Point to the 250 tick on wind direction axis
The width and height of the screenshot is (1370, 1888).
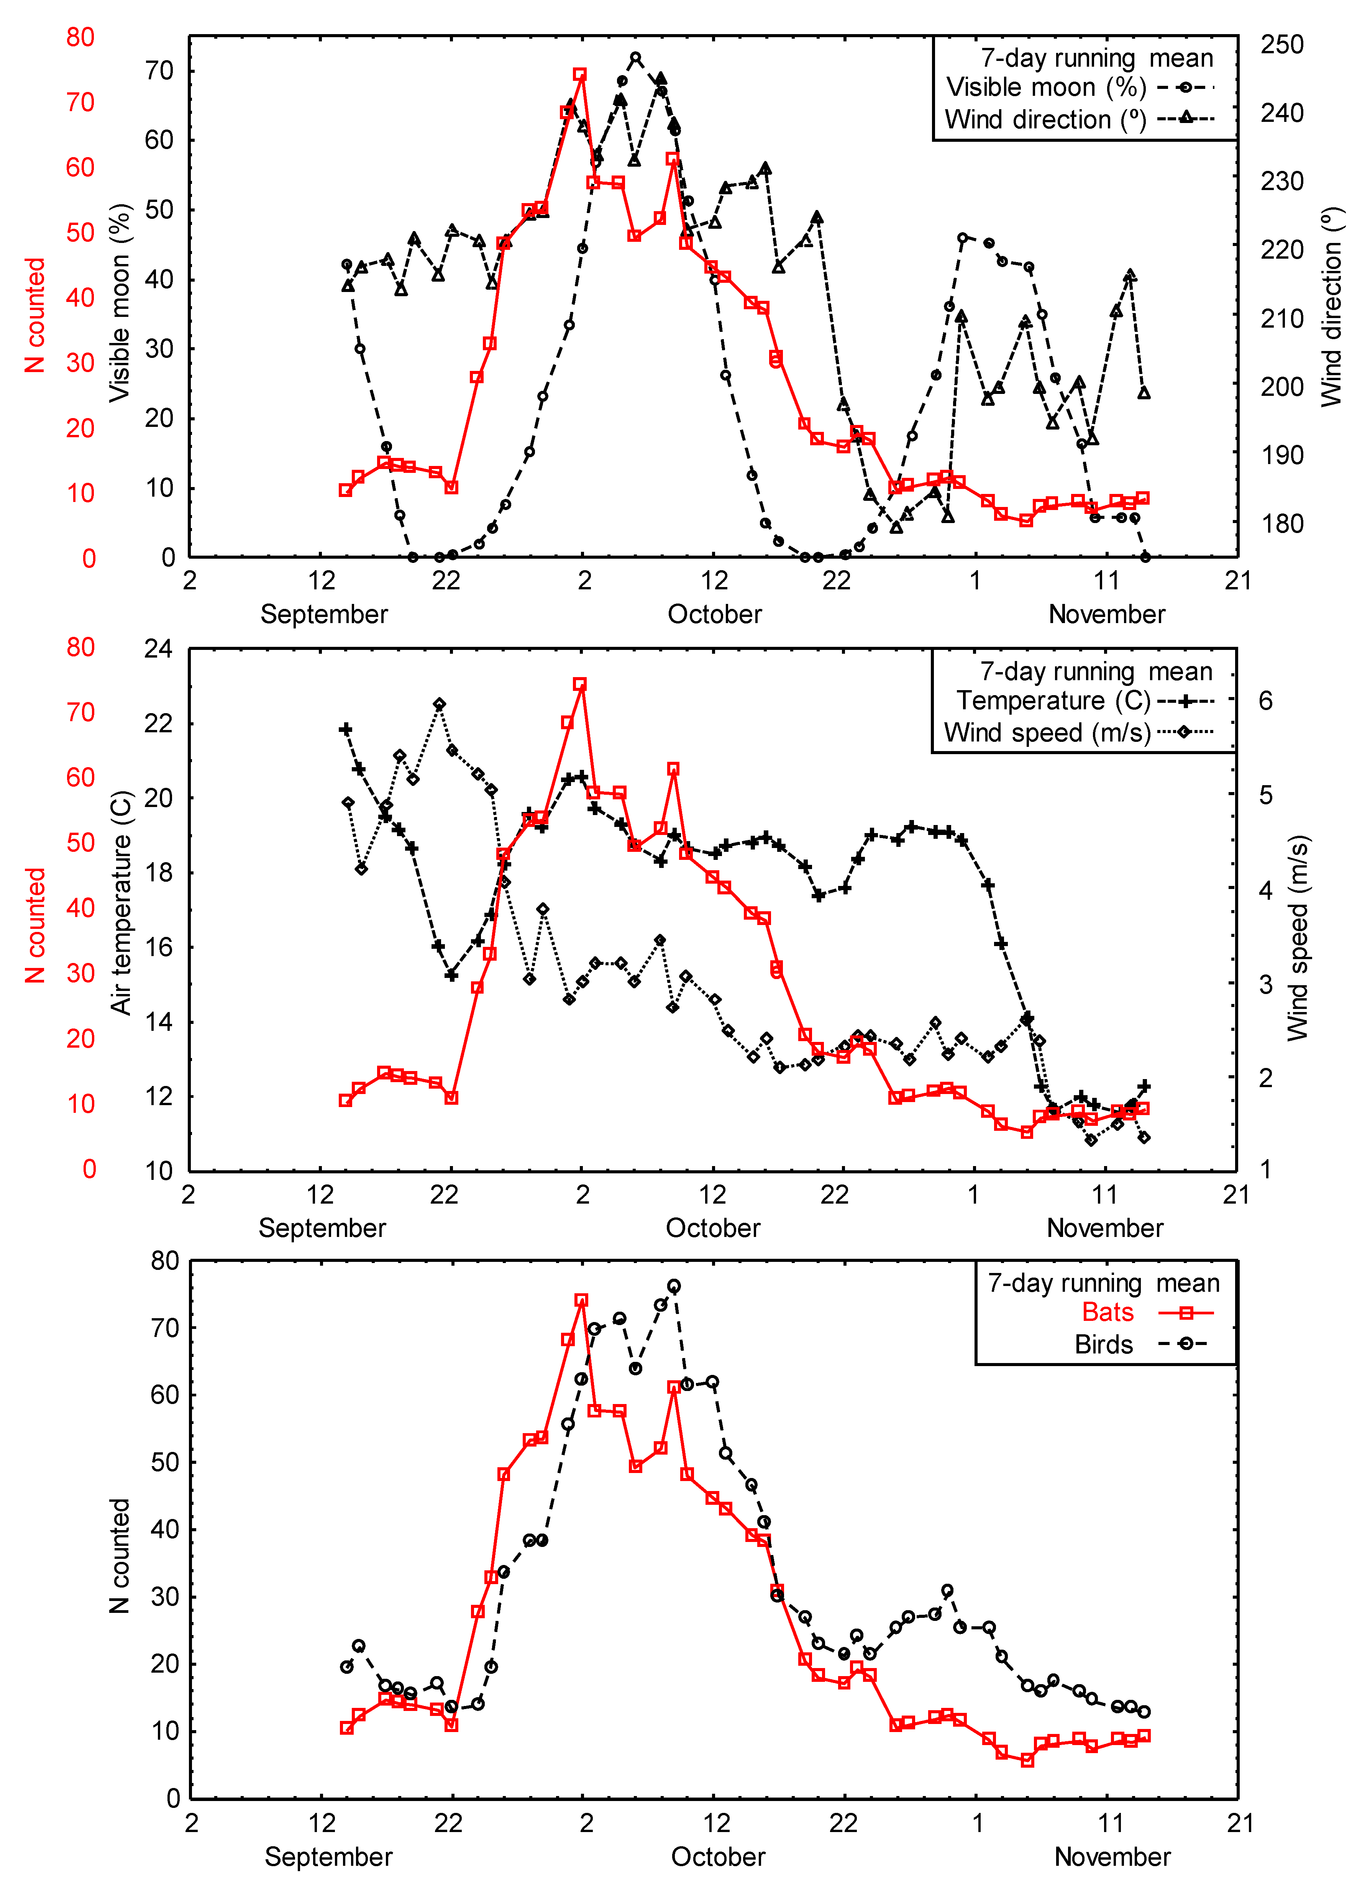click(1282, 44)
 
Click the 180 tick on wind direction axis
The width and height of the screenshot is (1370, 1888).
click(1282, 523)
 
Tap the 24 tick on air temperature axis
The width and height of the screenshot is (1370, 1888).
click(158, 648)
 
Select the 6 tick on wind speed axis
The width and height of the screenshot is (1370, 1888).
click(1265, 701)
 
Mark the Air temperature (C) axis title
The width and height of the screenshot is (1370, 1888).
click(121, 903)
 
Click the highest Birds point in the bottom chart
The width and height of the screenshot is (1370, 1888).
click(674, 1286)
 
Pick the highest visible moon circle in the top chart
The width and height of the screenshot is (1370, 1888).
click(636, 57)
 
